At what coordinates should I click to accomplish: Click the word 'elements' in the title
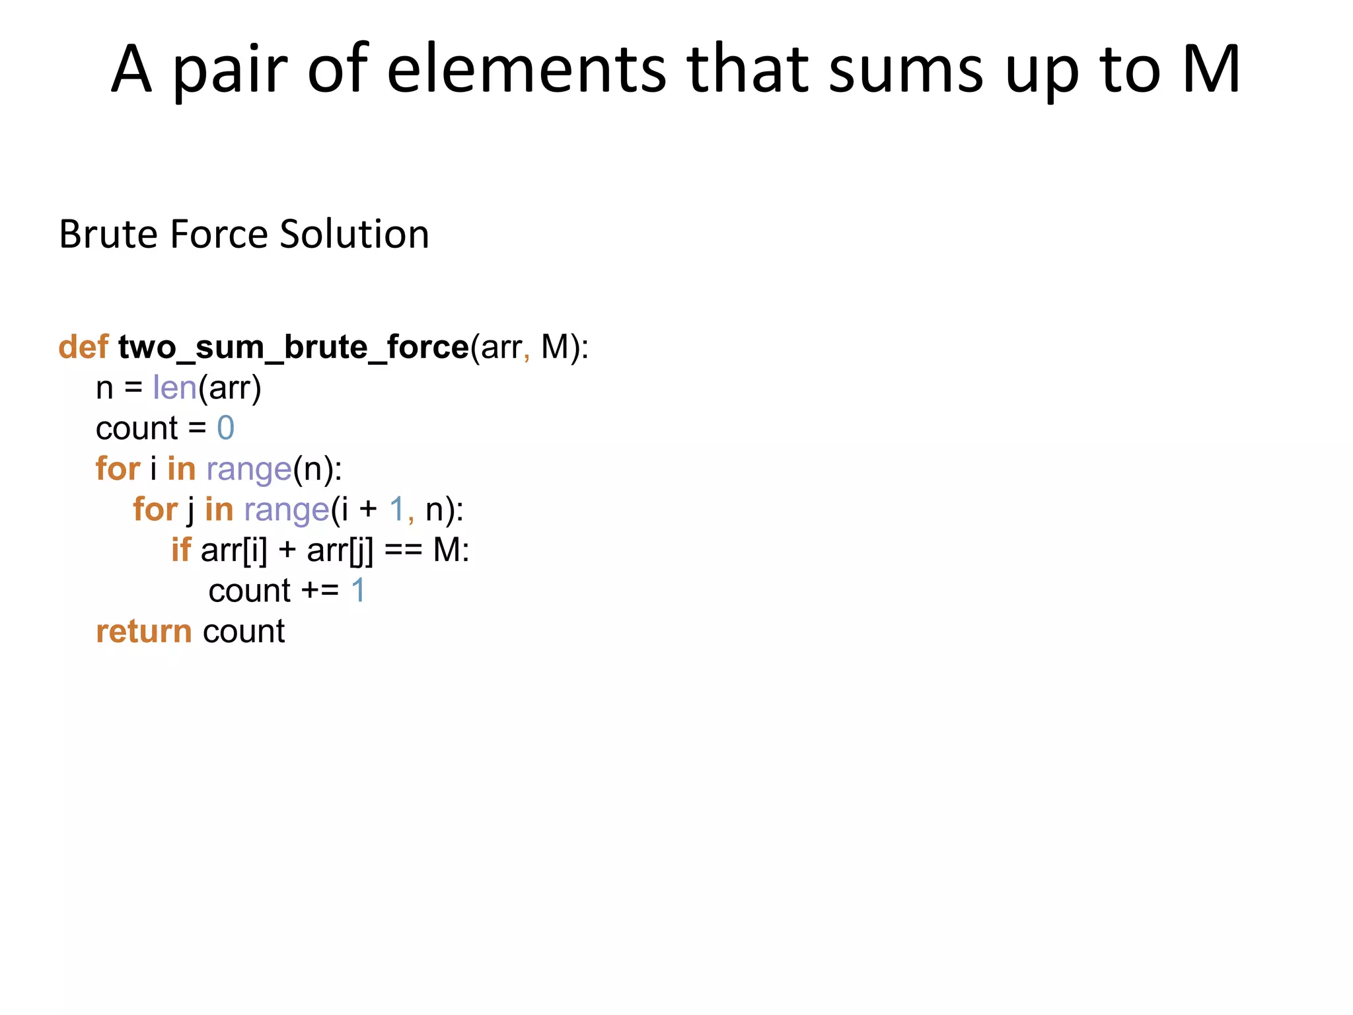pyautogui.click(x=526, y=69)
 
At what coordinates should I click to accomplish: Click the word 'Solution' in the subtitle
pyautogui.click(x=354, y=234)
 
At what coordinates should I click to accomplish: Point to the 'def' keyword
pyautogui.click(x=83, y=347)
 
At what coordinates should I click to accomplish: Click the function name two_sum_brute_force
pyautogui.click(x=293, y=347)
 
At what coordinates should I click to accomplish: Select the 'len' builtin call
pyautogui.click(x=174, y=387)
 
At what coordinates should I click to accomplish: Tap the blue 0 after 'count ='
pyautogui.click(x=225, y=428)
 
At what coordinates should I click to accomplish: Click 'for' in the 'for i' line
pyautogui.click(x=118, y=469)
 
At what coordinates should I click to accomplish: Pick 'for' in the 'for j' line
pyautogui.click(x=155, y=509)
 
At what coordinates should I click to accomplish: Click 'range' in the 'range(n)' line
pyautogui.click(x=248, y=470)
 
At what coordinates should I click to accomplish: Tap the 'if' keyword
pyautogui.click(x=180, y=550)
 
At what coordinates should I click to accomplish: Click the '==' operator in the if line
pyautogui.click(x=402, y=550)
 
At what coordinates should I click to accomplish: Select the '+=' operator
pyautogui.click(x=320, y=591)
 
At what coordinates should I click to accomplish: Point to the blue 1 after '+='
pyautogui.click(x=358, y=591)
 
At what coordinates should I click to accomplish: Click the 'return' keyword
pyautogui.click(x=144, y=632)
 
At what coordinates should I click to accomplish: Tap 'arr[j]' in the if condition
pyautogui.click(x=340, y=550)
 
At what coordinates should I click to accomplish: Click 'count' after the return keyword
pyautogui.click(x=244, y=632)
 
